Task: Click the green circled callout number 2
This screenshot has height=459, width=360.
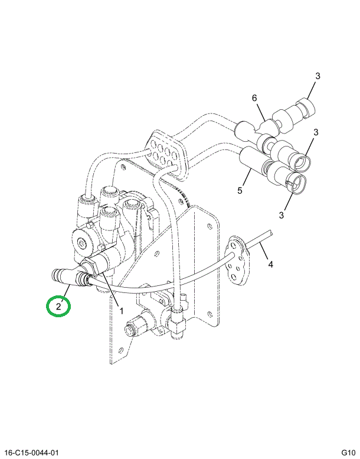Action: (x=58, y=307)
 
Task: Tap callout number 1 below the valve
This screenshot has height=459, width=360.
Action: (x=122, y=311)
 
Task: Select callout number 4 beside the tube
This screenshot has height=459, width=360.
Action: (x=270, y=264)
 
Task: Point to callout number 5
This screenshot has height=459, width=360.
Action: (x=240, y=191)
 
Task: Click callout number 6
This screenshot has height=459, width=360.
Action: (x=254, y=98)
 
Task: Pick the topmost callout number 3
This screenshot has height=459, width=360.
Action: (x=318, y=76)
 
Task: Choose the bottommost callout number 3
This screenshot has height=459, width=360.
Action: (x=281, y=215)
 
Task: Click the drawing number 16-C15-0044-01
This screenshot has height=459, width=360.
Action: (x=31, y=453)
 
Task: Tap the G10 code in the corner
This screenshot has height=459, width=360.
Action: (x=348, y=453)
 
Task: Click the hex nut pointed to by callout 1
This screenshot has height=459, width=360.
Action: (x=90, y=266)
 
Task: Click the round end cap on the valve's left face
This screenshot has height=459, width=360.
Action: (x=81, y=243)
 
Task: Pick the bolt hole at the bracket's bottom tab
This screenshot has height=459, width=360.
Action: (x=120, y=350)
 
